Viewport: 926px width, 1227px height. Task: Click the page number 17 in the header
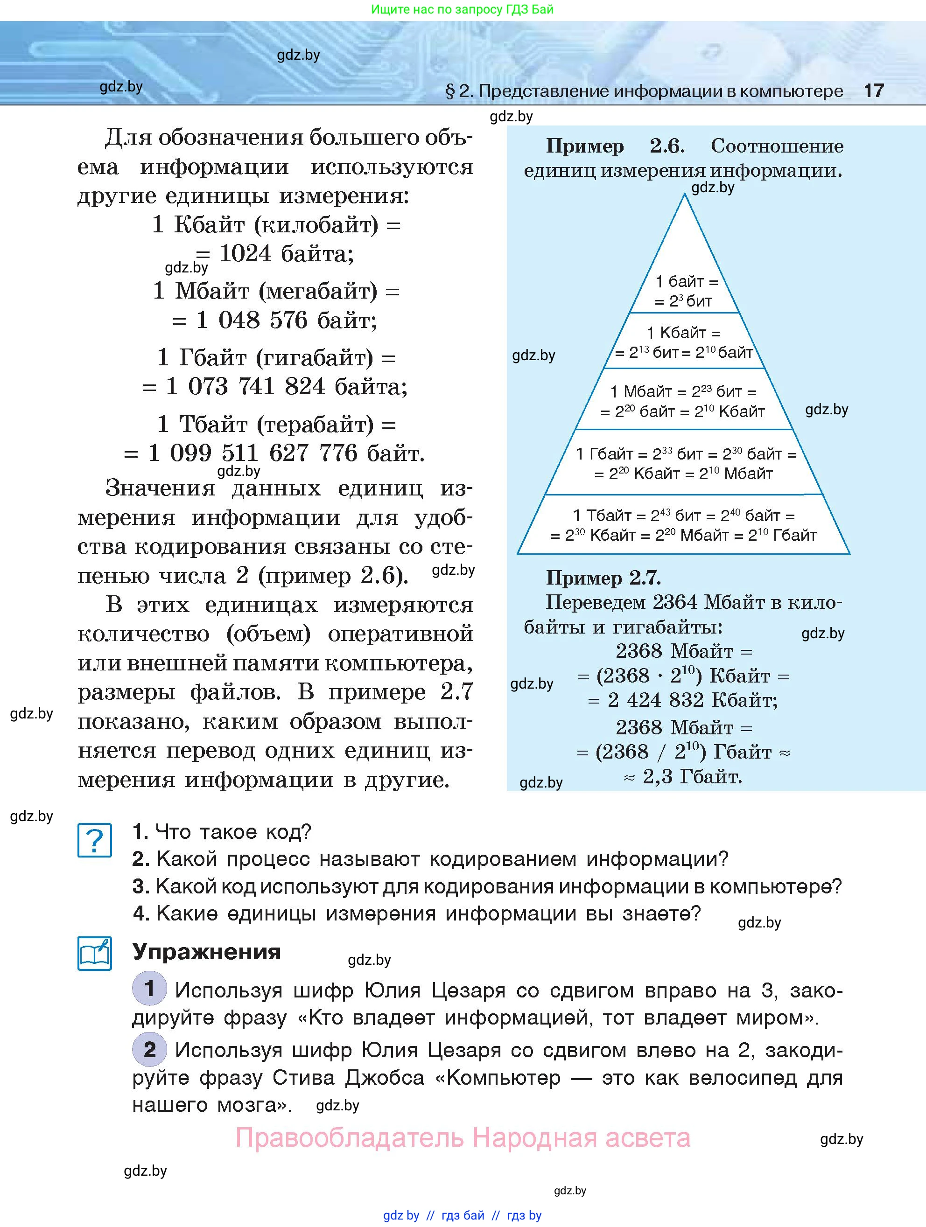tap(873, 91)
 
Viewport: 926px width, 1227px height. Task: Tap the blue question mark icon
tap(94, 840)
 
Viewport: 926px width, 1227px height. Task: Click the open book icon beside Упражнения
tap(94, 954)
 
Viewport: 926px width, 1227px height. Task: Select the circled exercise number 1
tap(149, 988)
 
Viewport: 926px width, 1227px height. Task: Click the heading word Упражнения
tap(206, 952)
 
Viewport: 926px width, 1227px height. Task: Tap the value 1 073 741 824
tap(245, 387)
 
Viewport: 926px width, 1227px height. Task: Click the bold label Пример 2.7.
tap(603, 578)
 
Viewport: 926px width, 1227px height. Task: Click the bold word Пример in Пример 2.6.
tap(585, 146)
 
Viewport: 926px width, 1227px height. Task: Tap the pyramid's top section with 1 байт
tap(686, 291)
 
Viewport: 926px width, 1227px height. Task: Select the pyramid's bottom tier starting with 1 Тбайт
tap(684, 525)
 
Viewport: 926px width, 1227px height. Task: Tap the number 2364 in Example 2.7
tap(675, 602)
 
